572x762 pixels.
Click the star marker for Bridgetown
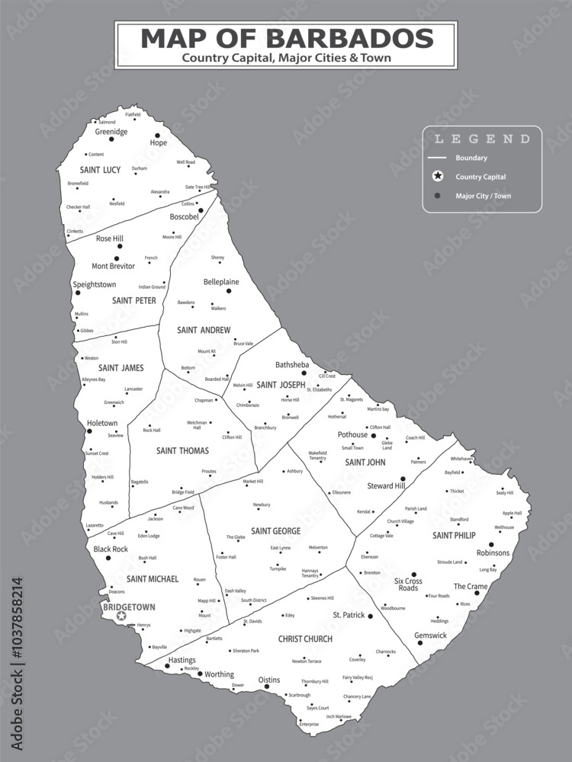click(121, 616)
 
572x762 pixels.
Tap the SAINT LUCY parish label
click(100, 170)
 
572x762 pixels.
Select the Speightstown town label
click(94, 284)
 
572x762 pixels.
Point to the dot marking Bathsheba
click(304, 373)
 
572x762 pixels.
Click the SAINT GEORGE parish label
click(275, 530)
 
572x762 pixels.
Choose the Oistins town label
click(269, 679)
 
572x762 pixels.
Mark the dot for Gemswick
click(419, 643)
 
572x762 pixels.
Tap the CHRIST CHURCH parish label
click(305, 639)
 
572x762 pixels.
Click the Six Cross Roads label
click(408, 584)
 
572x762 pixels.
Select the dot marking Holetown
click(89, 431)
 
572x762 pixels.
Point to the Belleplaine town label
click(221, 282)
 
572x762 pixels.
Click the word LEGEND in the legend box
click(482, 139)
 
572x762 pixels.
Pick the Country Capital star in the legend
click(437, 177)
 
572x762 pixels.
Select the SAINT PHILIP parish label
click(454, 536)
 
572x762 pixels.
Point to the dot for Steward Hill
click(403, 479)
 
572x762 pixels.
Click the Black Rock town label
click(111, 549)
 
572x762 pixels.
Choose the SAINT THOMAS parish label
click(182, 450)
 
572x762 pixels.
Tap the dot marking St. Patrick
click(370, 616)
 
